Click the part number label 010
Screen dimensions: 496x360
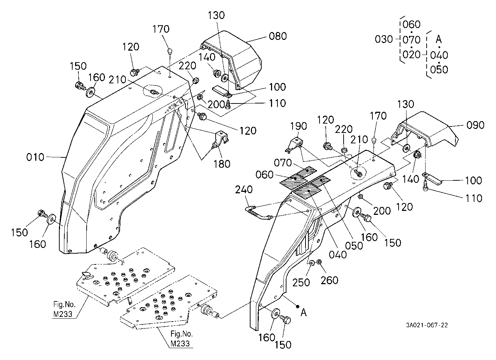[x=35, y=157]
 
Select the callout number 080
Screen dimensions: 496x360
[x=278, y=36]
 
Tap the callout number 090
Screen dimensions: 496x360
[x=475, y=125]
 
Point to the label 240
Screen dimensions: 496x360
[x=244, y=189]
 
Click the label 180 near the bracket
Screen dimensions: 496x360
[x=222, y=164]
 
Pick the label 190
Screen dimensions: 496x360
[x=298, y=126]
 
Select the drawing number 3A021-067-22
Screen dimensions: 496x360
[x=427, y=325]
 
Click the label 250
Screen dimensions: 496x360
[x=301, y=282]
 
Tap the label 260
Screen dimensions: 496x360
[x=329, y=280]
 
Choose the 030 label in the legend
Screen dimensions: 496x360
[x=384, y=40]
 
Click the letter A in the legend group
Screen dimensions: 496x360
[x=438, y=40]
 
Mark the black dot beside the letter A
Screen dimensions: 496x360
[x=298, y=306]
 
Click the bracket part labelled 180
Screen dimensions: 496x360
[x=221, y=140]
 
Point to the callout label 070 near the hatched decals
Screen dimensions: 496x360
[x=283, y=163]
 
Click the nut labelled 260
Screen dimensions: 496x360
[x=319, y=262]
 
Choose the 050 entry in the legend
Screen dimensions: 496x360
[x=439, y=69]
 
